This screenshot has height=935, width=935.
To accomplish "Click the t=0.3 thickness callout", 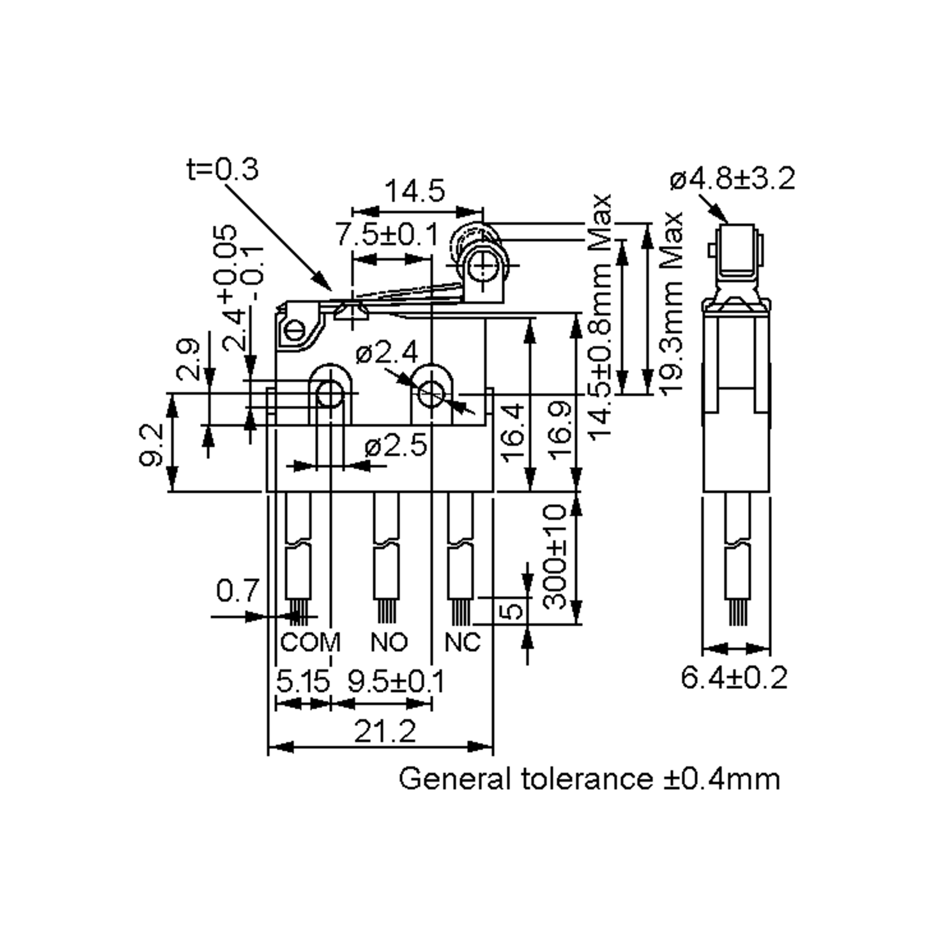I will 222,169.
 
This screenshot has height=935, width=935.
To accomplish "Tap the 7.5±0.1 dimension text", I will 387,235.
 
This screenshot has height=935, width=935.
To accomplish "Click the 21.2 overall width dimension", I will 385,731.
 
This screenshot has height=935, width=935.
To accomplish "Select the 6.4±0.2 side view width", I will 734,677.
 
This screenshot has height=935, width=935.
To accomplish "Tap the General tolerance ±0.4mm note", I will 589,779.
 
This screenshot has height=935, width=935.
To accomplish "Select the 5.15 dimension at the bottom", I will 303,681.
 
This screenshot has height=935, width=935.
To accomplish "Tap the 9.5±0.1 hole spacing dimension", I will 396,681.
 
